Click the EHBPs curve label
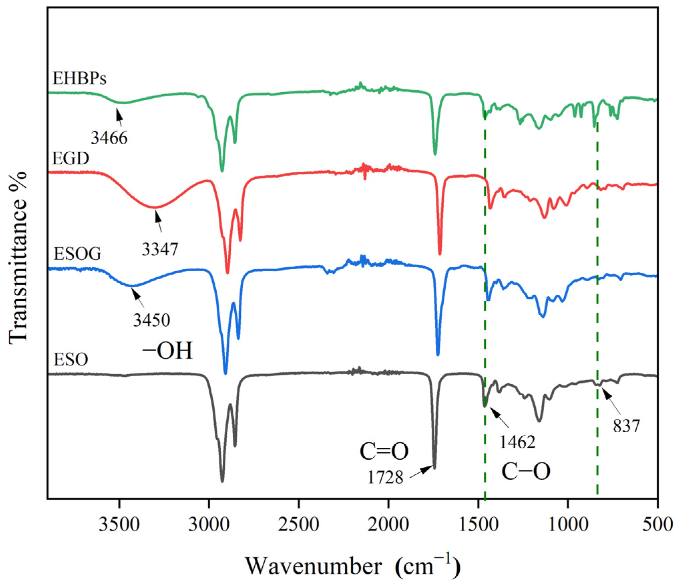[x=79, y=79]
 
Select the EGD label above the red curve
[x=71, y=158]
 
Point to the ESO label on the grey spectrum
[x=71, y=360]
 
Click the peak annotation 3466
[x=109, y=138]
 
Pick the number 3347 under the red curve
[x=160, y=249]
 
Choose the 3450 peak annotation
[x=152, y=320]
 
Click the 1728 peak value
[x=385, y=477]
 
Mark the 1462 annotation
[x=517, y=442]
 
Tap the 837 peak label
[x=626, y=426]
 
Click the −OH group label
[x=168, y=351]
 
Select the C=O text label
[x=384, y=451]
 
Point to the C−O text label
[x=526, y=471]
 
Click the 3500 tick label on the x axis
[x=119, y=525]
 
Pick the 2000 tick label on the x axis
[x=388, y=525]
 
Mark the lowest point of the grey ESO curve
[x=222, y=481]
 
